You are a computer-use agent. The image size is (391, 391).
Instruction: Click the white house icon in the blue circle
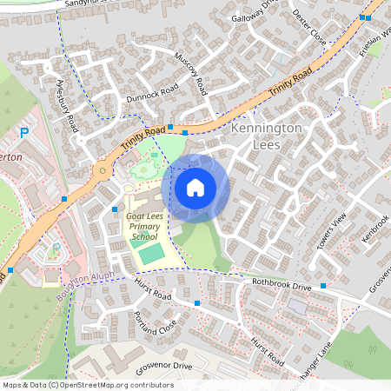click(195, 187)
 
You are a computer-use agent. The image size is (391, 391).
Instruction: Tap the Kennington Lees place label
click(268, 136)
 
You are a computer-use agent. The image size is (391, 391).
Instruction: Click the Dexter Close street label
click(308, 28)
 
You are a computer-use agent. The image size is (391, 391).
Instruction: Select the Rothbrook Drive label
click(277, 284)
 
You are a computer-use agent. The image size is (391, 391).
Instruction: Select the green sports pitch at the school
click(151, 254)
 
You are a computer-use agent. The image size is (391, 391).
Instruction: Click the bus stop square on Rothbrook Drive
click(323, 285)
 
